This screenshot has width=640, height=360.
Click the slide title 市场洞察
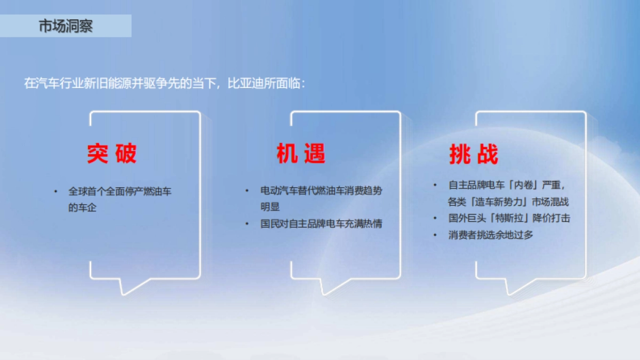pyautogui.click(x=66, y=26)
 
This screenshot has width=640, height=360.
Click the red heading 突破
pyautogui.click(x=112, y=154)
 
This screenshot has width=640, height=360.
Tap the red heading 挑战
pyautogui.click(x=474, y=155)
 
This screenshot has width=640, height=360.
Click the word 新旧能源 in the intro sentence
pyautogui.click(x=110, y=84)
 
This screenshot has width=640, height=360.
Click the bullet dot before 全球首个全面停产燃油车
pyautogui.click(x=55, y=191)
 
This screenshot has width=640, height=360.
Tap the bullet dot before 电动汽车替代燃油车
pyautogui.click(x=246, y=190)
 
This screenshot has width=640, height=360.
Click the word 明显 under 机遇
pyautogui.click(x=270, y=206)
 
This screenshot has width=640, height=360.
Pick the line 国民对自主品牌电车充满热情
pyautogui.click(x=321, y=223)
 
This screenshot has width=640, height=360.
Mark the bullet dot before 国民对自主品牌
pyautogui.click(x=246, y=223)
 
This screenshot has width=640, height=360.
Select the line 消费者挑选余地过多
pyautogui.click(x=491, y=235)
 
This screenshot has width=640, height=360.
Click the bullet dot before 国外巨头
pyautogui.click(x=435, y=218)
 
